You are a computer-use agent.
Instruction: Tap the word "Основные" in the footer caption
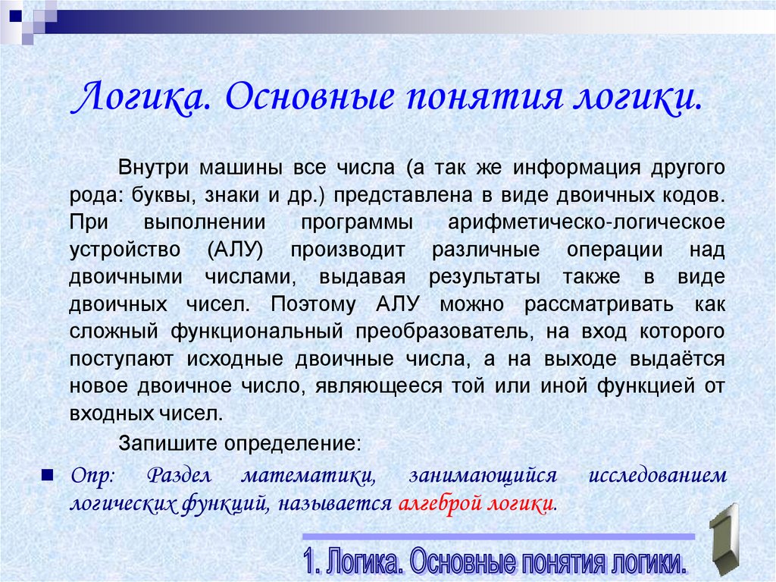pos(465,563)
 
